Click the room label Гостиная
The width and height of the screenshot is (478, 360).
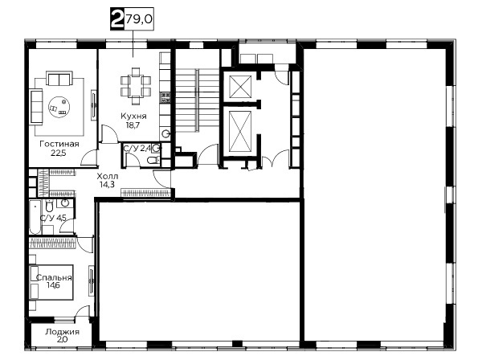coord(59,144)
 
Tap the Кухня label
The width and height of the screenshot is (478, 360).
coord(133,117)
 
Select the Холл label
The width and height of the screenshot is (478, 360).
coord(108,176)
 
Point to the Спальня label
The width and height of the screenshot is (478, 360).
coord(54,278)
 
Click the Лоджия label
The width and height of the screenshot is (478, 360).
coord(62,332)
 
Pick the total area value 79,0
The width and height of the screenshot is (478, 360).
coord(139,19)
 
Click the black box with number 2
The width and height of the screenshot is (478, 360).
coord(117,19)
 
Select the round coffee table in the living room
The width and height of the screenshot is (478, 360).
coord(59,107)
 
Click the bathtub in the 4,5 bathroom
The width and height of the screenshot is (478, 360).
coord(35,217)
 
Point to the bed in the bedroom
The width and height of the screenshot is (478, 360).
coord(51,282)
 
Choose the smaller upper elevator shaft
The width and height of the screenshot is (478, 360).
coord(240,86)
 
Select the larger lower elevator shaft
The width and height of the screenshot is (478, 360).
coord(240,131)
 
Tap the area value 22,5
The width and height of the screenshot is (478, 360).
coord(58,153)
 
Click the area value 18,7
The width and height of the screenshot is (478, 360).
coord(132,125)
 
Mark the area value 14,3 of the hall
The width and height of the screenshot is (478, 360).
coord(107,184)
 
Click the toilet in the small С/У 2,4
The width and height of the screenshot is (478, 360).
coord(153,159)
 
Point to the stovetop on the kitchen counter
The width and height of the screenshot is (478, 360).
coord(165,97)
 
